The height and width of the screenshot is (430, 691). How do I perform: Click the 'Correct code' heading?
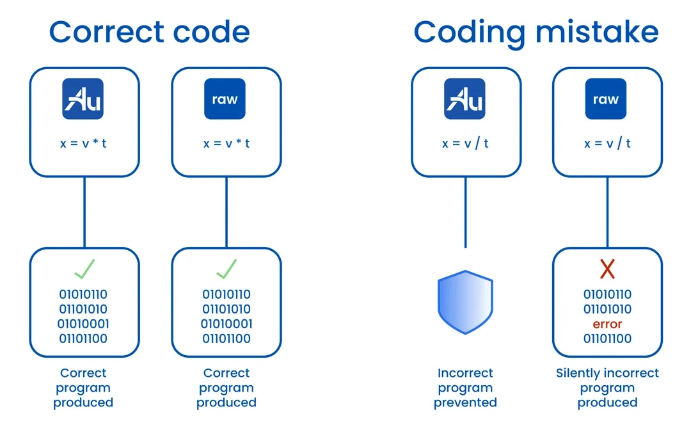click(149, 32)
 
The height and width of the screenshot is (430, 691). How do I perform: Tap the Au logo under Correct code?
click(83, 99)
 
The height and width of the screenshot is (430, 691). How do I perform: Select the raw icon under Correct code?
click(225, 99)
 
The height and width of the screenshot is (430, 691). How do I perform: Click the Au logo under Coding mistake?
click(465, 99)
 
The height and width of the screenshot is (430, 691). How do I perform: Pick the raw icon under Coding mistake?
click(605, 99)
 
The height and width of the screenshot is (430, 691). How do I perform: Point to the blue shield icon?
click(465, 302)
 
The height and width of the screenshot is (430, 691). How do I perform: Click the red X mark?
click(607, 269)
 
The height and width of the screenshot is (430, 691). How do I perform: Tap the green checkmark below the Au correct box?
click(84, 269)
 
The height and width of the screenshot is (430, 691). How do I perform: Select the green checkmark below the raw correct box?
click(226, 269)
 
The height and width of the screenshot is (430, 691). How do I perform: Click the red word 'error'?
click(607, 324)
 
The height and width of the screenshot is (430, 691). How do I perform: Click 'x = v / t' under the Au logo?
click(465, 143)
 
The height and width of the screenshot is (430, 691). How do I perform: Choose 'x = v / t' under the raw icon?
click(607, 143)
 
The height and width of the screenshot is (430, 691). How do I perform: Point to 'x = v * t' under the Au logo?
click(83, 143)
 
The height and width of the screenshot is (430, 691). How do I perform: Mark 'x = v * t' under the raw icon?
click(226, 143)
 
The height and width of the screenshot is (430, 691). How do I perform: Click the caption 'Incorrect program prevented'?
click(465, 388)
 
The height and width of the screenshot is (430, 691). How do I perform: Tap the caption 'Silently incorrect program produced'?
click(607, 388)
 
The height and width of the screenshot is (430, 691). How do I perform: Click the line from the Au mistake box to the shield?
click(465, 212)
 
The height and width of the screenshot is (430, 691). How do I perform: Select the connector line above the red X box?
click(607, 212)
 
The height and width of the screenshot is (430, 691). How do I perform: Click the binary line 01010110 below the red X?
click(607, 294)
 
